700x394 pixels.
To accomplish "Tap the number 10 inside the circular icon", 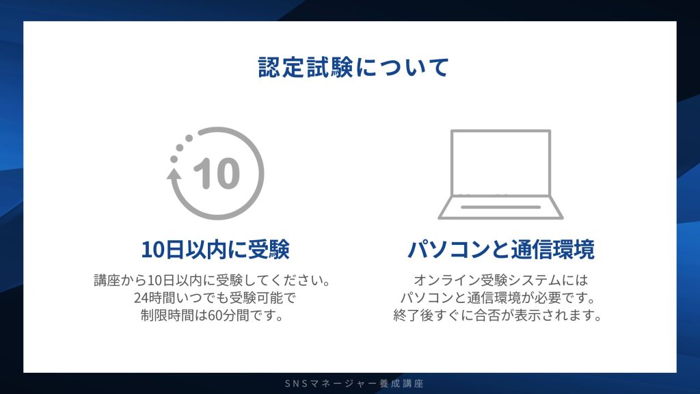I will [217, 174].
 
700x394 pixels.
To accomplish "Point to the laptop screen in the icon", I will [501, 163].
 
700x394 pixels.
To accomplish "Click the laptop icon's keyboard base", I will [501, 208].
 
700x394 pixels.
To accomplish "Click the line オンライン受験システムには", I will [501, 281].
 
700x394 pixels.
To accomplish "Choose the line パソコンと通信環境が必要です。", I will [501, 299].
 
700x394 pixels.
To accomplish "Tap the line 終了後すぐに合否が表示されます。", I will [501, 316].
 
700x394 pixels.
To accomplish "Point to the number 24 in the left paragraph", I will [142, 299].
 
